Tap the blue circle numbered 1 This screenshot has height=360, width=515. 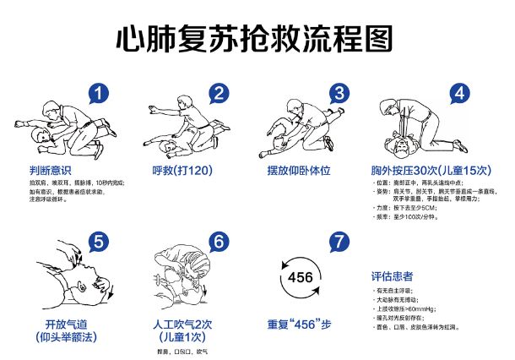(100, 93)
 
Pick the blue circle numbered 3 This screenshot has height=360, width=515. (339, 93)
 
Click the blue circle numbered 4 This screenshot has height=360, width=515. (458, 93)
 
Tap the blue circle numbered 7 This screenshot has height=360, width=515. (339, 241)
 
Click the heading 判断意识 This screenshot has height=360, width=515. (50, 169)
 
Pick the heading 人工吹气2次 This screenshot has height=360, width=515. (182, 324)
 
